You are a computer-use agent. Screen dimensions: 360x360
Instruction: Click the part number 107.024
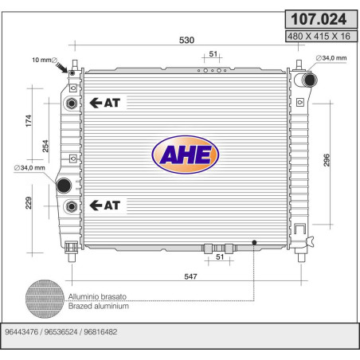point(319,19)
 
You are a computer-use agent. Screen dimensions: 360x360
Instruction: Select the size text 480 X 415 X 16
point(319,36)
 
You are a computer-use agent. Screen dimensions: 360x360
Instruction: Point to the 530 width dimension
point(186,40)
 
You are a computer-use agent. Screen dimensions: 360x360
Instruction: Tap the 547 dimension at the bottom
point(190,276)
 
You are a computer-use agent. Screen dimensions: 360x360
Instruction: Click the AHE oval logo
point(186,155)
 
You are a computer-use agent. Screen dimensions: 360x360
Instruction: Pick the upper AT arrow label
point(105,103)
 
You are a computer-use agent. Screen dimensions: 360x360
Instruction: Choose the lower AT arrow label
point(105,205)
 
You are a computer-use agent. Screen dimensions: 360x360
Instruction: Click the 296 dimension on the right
point(327,160)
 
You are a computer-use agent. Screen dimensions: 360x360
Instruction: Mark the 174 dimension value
point(29,121)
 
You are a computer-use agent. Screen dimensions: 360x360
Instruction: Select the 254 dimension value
point(45,146)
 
